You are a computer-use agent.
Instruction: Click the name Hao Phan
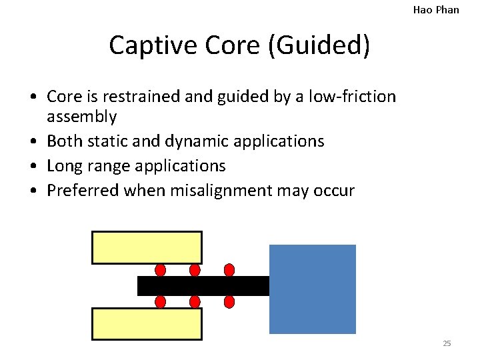click(436, 9)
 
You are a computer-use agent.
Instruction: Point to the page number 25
click(447, 343)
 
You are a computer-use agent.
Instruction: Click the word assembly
click(82, 117)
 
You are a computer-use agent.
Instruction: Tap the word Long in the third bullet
click(64, 165)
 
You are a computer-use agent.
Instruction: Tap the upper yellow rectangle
click(147, 247)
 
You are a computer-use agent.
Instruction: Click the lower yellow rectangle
click(147, 324)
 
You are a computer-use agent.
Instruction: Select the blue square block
click(312, 289)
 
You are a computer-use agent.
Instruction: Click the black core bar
click(203, 286)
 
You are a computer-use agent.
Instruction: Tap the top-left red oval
click(160, 270)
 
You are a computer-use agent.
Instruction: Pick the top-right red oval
click(229, 270)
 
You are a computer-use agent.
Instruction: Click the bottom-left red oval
click(160, 302)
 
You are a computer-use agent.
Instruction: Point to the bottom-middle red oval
click(195, 302)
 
